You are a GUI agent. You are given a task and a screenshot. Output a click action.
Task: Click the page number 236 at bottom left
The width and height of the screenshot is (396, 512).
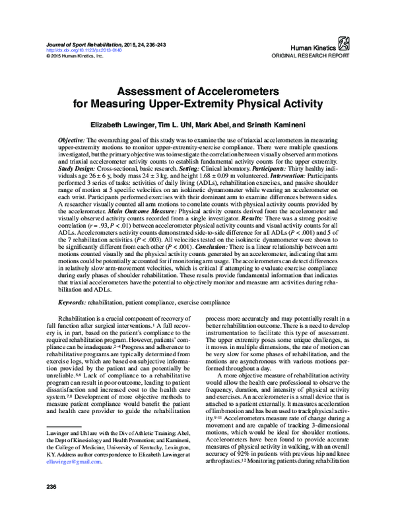pos(49,487)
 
